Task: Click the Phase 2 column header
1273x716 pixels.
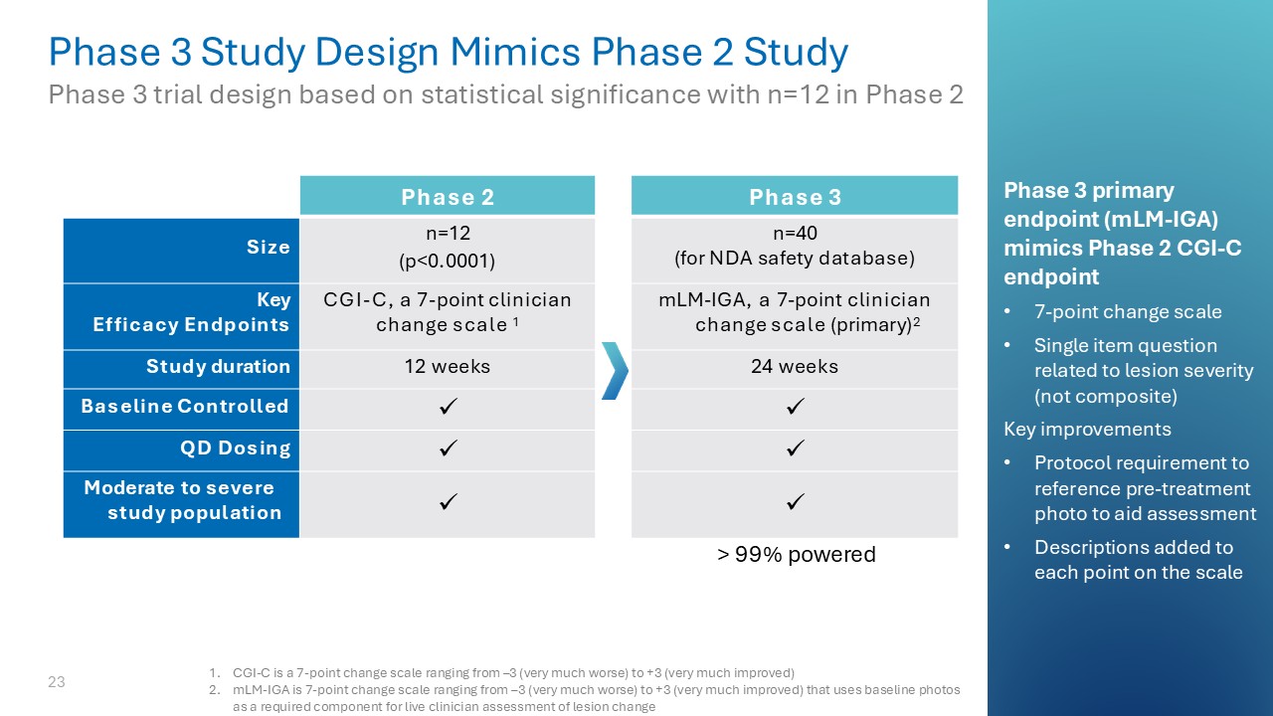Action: click(x=448, y=197)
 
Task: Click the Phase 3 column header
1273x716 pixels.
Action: click(x=795, y=197)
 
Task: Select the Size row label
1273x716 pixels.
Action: click(x=269, y=248)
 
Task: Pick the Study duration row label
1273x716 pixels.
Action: click(x=218, y=367)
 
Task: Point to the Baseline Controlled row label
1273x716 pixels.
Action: click(x=185, y=407)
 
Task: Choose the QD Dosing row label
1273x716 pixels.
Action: click(x=235, y=448)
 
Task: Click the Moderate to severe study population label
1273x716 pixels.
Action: click(x=182, y=500)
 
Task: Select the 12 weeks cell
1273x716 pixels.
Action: click(x=448, y=367)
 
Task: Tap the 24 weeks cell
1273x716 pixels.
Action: click(x=795, y=367)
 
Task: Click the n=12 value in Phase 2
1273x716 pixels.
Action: click(x=448, y=235)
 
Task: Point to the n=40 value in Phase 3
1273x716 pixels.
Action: click(x=795, y=235)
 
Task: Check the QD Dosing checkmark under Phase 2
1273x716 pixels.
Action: click(x=448, y=448)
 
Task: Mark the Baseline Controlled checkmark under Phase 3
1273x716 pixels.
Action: click(x=795, y=408)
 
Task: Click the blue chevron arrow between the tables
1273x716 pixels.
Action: click(x=615, y=370)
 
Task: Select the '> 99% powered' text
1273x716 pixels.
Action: click(x=797, y=555)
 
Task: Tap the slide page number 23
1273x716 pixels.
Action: click(x=57, y=682)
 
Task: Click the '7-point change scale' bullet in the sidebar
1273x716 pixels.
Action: click(x=1128, y=312)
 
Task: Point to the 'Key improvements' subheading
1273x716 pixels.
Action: click(x=1087, y=430)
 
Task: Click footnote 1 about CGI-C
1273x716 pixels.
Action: click(x=512, y=672)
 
